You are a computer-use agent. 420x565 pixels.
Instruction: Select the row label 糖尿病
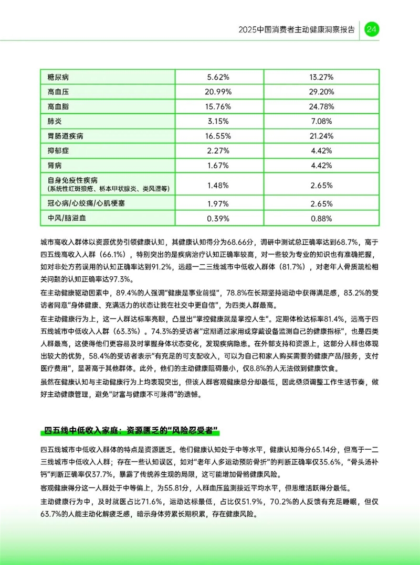click(58, 77)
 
